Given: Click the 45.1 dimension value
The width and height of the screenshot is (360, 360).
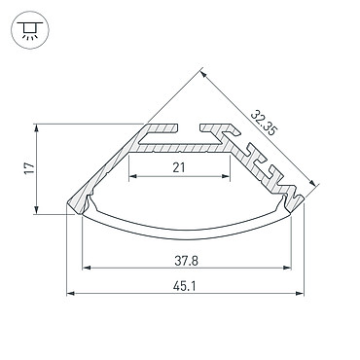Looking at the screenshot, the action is pos(185,286).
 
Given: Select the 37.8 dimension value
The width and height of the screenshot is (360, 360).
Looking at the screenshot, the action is pos(186,261).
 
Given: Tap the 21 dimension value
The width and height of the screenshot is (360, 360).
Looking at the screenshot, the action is pos(179,167).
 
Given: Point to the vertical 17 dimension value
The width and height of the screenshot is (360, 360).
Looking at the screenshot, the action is pos(29,168).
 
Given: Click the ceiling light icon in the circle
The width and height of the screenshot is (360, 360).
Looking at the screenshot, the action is pos(30,30).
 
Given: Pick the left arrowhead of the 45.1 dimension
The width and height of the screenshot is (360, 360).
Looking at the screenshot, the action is pos(70,294).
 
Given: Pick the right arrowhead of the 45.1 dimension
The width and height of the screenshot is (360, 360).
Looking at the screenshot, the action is pos(300,294).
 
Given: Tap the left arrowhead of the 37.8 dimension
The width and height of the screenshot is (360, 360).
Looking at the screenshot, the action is pos(87,268).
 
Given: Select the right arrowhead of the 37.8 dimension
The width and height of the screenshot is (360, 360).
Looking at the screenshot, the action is pos(287,268).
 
